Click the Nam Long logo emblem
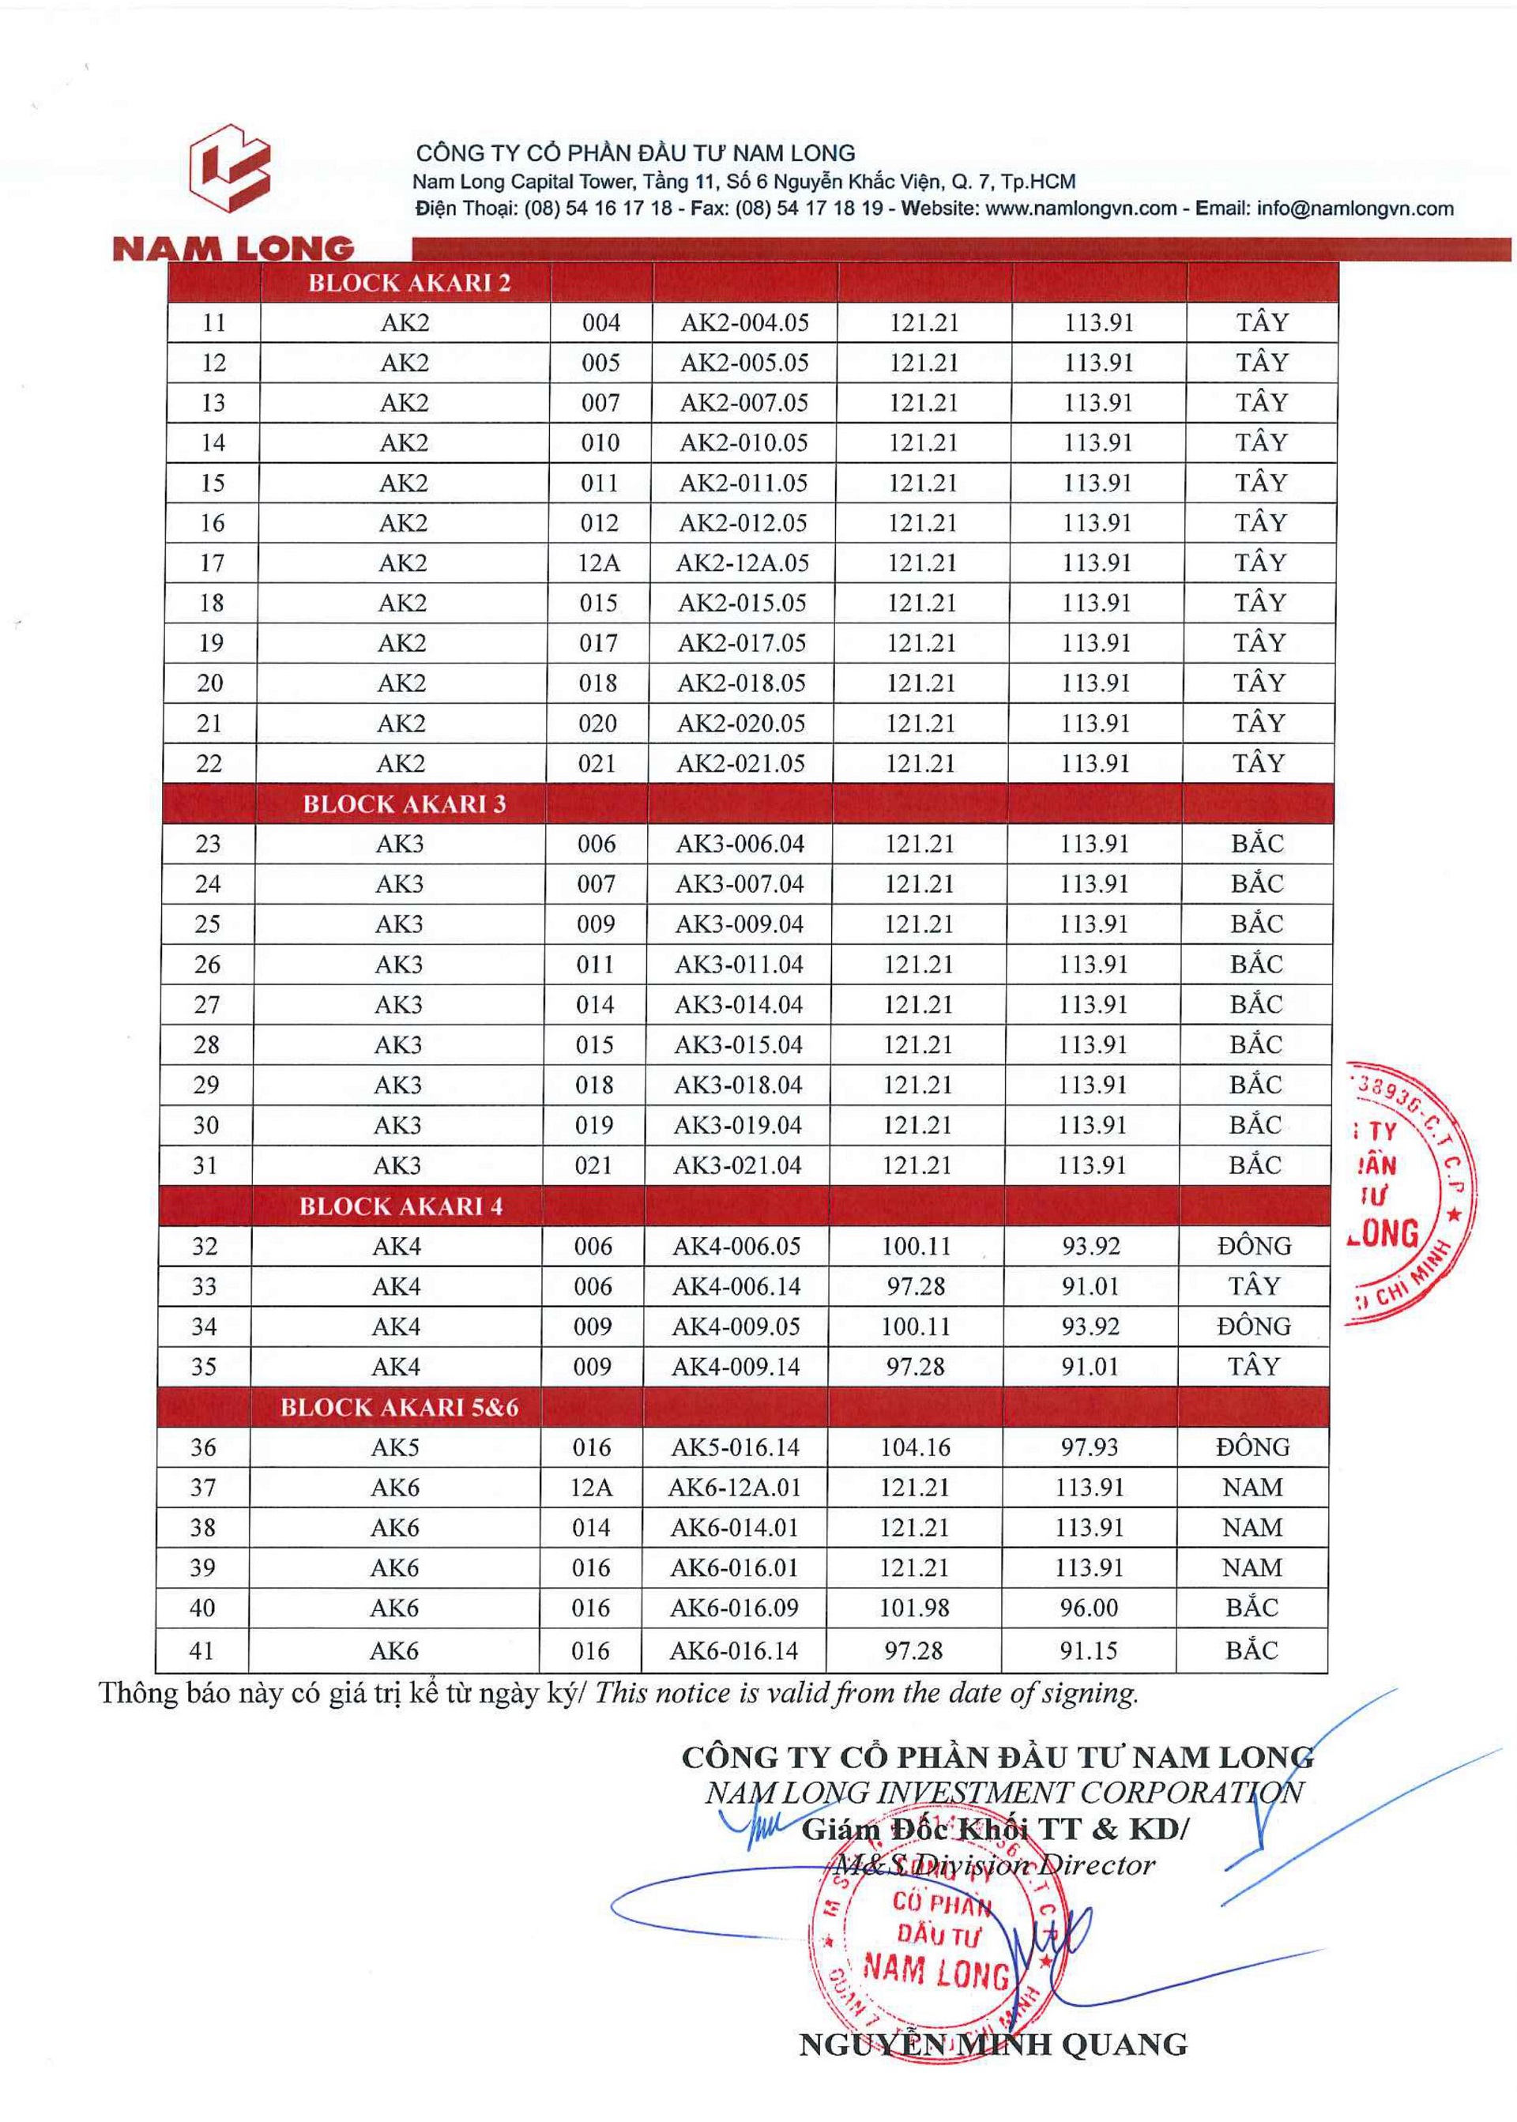coord(230,168)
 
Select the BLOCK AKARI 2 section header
coord(409,283)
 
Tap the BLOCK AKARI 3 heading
coord(404,804)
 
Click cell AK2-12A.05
coord(743,563)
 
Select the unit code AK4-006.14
coord(736,1287)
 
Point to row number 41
coord(201,1650)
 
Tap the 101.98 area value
coord(913,1608)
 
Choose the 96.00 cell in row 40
coord(1088,1608)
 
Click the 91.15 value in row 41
coord(1088,1650)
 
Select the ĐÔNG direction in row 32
coord(1254,1247)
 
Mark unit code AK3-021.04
coord(738,1165)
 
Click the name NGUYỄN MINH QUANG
coord(993,2044)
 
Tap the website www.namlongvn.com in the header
coord(1081,209)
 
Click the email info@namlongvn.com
coord(1354,209)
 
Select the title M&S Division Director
coord(994,1865)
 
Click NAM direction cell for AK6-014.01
coord(1252,1528)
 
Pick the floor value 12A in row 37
coord(591,1488)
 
